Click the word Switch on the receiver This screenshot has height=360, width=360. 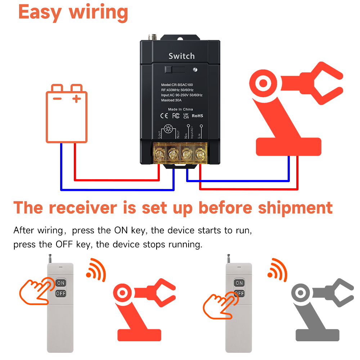[x=181, y=56]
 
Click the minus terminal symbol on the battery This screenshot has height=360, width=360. [x=57, y=99]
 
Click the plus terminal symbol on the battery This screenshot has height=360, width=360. [x=76, y=99]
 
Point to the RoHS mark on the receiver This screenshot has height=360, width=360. [x=197, y=116]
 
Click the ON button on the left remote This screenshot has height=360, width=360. [x=61, y=283]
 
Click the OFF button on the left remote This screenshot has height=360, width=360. [x=61, y=294]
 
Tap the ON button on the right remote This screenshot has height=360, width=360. [x=239, y=283]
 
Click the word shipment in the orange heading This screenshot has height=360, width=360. [x=295, y=208]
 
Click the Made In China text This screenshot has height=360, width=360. [x=180, y=109]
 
